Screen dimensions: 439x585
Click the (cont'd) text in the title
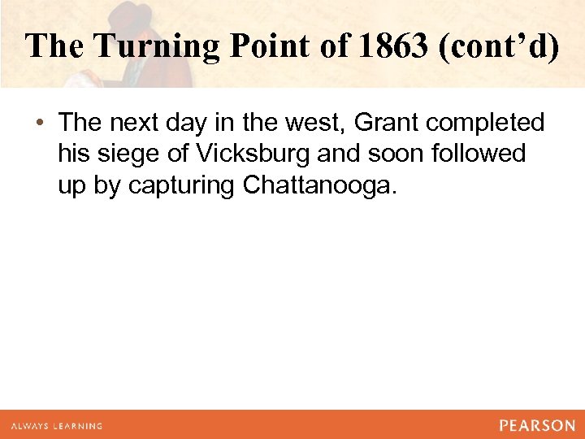(498, 46)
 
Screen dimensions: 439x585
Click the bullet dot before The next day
(39, 124)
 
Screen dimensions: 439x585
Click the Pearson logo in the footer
(537, 425)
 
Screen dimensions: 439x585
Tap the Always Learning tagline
(56, 426)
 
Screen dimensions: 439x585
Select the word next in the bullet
(132, 123)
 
